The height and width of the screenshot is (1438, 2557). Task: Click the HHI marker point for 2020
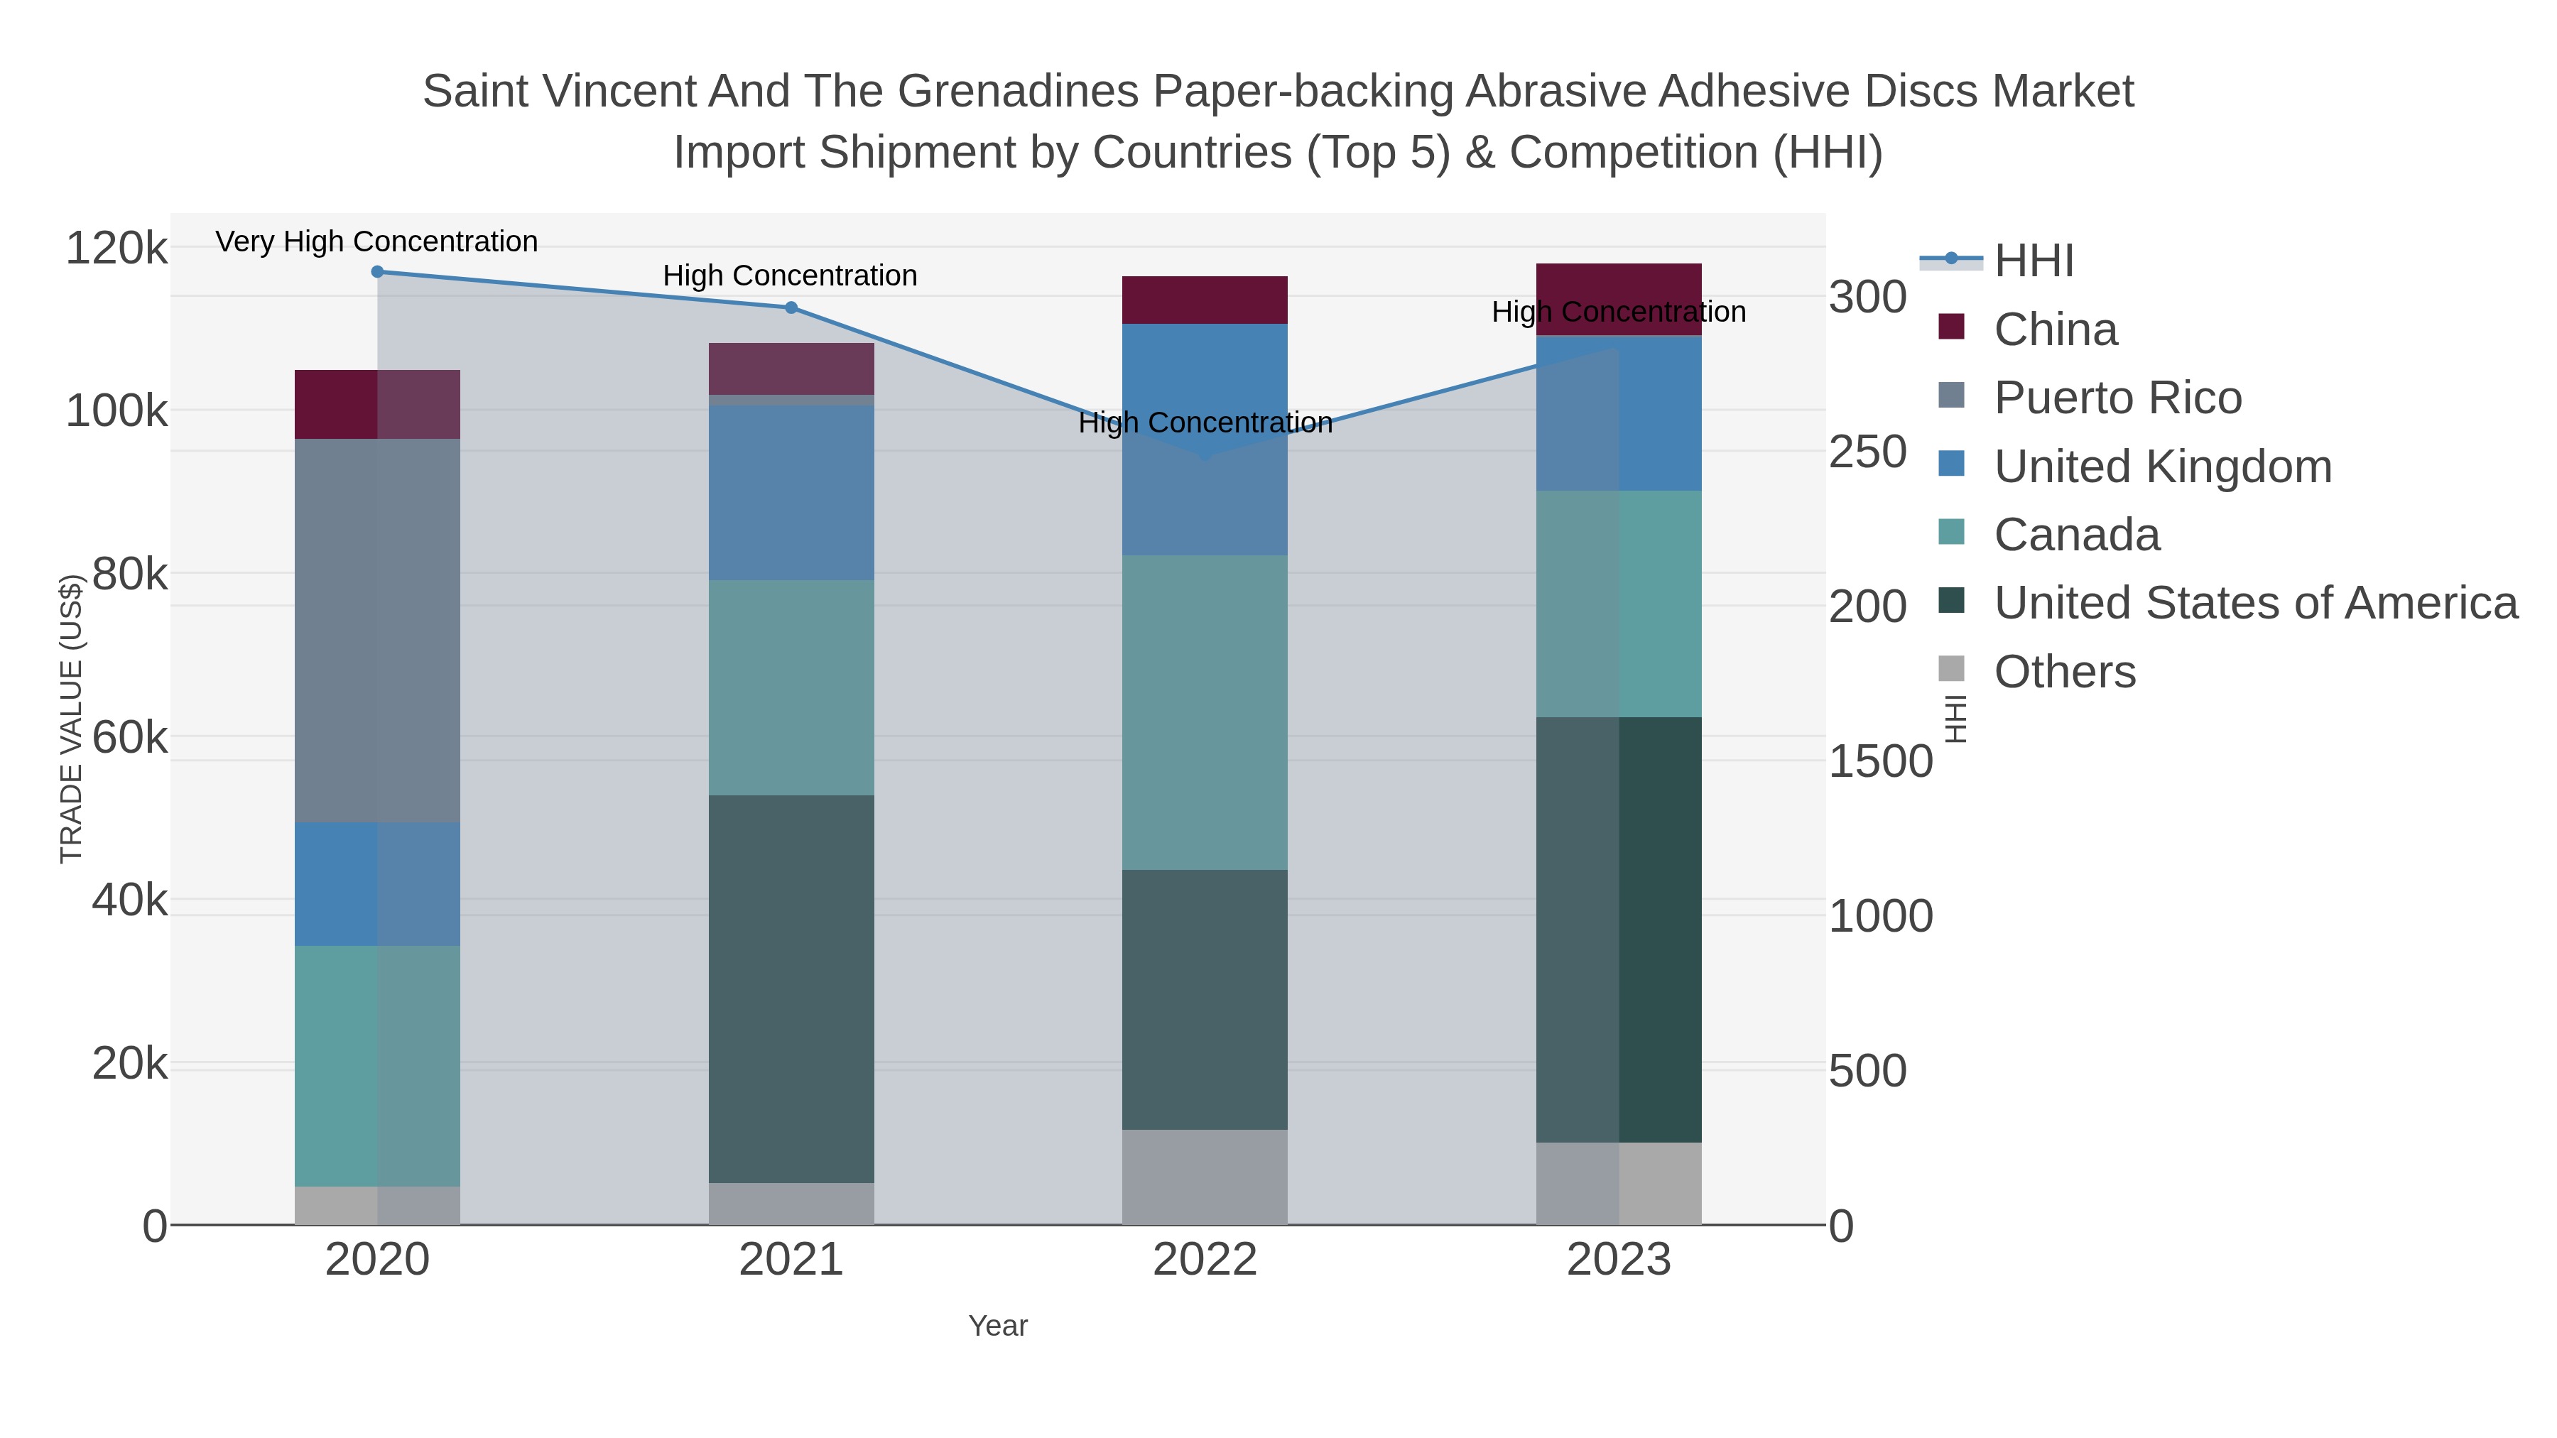coord(377,272)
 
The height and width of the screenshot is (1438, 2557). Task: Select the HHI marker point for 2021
coord(791,307)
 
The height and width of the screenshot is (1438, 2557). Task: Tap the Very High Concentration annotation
coord(376,242)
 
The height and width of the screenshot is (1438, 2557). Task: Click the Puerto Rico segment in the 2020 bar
coord(377,630)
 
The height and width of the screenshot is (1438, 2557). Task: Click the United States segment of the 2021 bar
coord(791,988)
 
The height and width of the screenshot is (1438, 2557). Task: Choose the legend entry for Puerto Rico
coord(2117,398)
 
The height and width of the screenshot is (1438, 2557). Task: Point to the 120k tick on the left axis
coord(116,248)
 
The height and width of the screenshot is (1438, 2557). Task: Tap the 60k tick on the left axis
coord(129,737)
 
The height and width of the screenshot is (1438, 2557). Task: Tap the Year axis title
coord(998,1326)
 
